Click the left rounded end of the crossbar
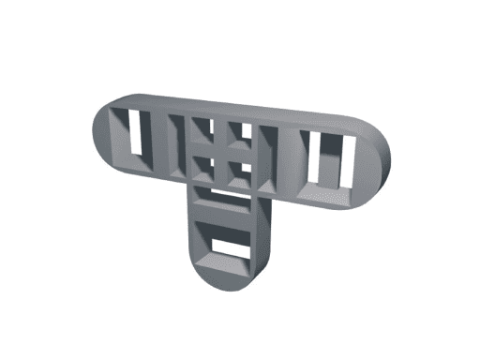coord(100,131)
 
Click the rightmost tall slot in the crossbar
coord(348,162)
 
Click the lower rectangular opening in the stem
coord(225,246)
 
